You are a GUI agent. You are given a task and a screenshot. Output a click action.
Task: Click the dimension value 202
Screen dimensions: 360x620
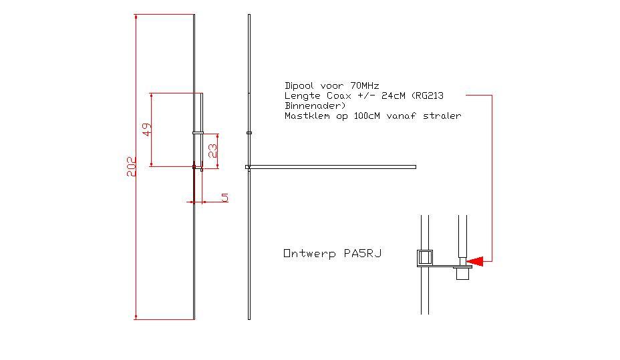click(132, 166)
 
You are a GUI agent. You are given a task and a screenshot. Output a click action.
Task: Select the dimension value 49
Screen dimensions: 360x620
click(148, 129)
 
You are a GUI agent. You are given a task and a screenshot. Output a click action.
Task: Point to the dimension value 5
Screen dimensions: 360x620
click(224, 197)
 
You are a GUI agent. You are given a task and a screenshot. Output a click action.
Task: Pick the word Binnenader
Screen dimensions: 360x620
click(315, 106)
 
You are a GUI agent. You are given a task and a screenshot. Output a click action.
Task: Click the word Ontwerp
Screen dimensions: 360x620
click(311, 254)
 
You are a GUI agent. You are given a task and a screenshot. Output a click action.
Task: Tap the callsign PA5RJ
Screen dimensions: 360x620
click(363, 254)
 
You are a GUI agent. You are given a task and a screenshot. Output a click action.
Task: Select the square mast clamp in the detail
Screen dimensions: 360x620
click(425, 257)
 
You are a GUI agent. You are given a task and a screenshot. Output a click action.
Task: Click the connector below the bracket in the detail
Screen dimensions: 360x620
click(462, 273)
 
